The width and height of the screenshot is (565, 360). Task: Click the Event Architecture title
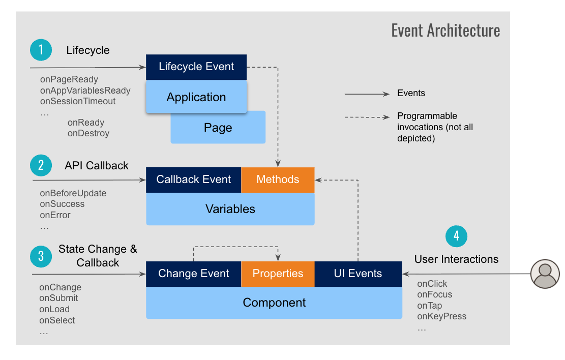(445, 31)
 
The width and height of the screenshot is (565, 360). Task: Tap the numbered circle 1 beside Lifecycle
(41, 50)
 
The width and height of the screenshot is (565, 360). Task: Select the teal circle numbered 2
(41, 165)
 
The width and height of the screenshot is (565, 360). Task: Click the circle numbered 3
(41, 257)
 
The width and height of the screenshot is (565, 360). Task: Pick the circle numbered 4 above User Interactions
(456, 236)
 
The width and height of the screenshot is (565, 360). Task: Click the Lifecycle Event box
(196, 67)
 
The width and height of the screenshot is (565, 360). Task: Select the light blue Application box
(196, 97)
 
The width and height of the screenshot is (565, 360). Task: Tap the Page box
(218, 128)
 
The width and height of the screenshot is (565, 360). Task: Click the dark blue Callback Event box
(193, 179)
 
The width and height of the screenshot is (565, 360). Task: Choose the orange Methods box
(278, 179)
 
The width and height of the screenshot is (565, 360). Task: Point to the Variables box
(230, 209)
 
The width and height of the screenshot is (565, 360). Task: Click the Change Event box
(193, 274)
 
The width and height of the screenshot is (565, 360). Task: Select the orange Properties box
(278, 274)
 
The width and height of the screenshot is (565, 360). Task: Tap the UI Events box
(358, 274)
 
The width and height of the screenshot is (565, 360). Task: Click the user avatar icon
(545, 274)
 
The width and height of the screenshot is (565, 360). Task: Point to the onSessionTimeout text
(78, 101)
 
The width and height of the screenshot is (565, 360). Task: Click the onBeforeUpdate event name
(73, 193)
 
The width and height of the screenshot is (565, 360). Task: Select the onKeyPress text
(441, 316)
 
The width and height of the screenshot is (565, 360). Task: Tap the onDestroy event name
(88, 133)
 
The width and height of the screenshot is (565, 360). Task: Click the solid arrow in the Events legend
(366, 94)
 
